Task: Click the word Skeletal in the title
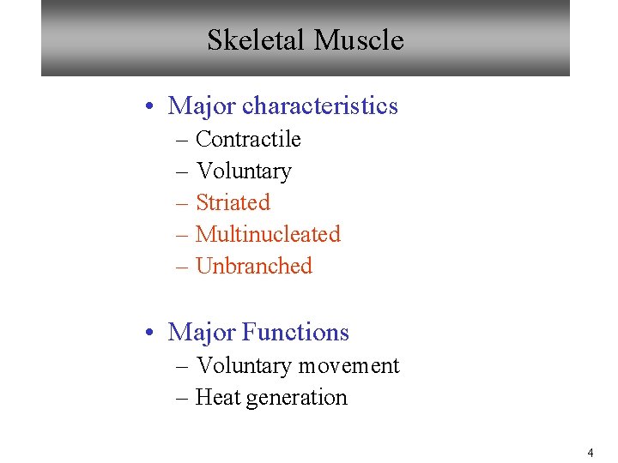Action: tap(257, 40)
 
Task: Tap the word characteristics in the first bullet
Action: tap(320, 106)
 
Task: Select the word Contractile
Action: tap(248, 139)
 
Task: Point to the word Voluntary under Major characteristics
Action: tap(244, 171)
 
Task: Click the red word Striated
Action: tap(233, 203)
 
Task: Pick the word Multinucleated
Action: tap(268, 234)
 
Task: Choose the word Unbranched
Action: tap(254, 266)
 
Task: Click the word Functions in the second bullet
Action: tap(295, 333)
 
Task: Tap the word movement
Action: tap(348, 366)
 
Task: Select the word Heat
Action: tap(215, 398)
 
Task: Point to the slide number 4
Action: tap(590, 453)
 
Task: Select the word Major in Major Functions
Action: tap(202, 333)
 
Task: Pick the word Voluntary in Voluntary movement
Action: tap(244, 366)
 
